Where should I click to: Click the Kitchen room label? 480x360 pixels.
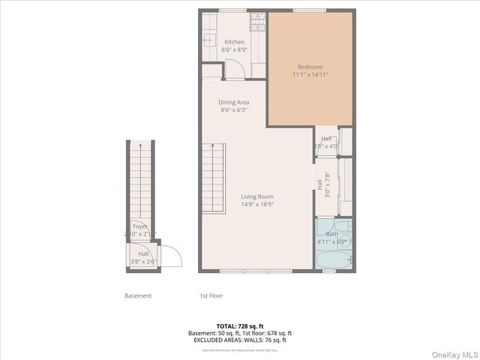(234, 42)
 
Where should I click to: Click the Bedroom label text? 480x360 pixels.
(310, 67)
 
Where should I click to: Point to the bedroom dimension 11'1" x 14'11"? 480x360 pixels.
(310, 75)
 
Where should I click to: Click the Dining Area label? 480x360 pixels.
(234, 102)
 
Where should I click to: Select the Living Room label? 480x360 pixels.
(256, 196)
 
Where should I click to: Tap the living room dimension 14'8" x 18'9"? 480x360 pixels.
(256, 204)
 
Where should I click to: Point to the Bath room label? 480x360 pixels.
(331, 234)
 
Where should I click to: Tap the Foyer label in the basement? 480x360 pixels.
(140, 226)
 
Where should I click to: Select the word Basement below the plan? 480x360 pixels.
(138, 295)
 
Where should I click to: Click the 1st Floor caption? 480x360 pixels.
(211, 295)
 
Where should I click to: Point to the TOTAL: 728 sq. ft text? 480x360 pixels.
(240, 326)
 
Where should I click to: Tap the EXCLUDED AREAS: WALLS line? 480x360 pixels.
(240, 340)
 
